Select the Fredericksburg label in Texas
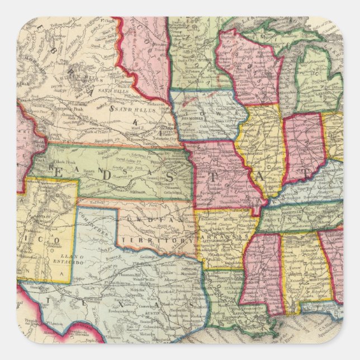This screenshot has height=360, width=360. tap(134, 315)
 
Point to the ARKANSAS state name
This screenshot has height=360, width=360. tap(224, 237)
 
